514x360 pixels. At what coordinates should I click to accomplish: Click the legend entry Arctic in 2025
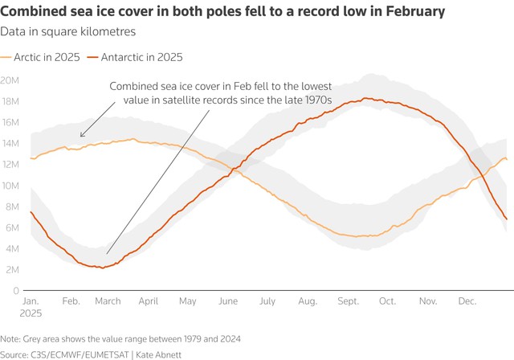click(x=45, y=58)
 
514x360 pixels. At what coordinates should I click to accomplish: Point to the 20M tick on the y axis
click(x=10, y=80)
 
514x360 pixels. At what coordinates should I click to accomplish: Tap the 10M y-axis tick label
click(x=10, y=186)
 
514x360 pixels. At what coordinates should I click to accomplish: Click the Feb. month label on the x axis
click(x=71, y=301)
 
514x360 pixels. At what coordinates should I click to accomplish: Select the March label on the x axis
click(x=108, y=301)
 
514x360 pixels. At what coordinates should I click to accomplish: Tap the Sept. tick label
click(x=349, y=301)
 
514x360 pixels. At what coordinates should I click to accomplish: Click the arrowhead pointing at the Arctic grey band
click(x=82, y=136)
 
